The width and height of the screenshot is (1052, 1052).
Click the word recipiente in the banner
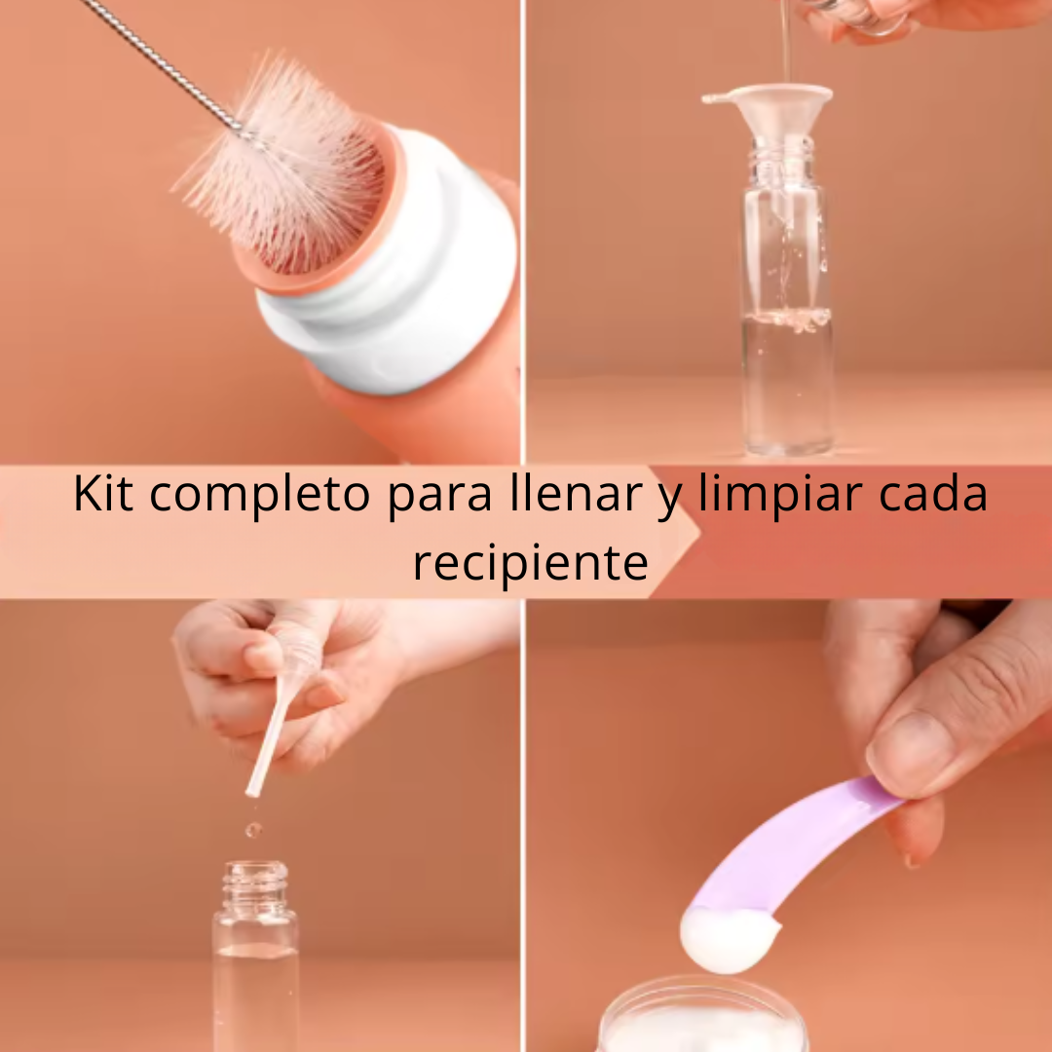[531, 564]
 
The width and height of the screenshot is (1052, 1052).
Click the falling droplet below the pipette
[253, 831]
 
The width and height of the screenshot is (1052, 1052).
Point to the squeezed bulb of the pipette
[299, 649]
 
